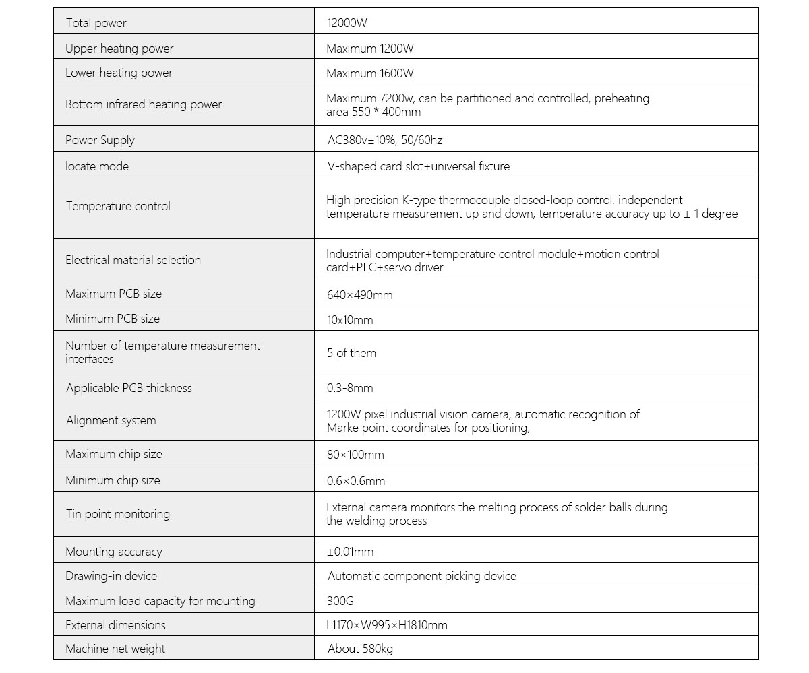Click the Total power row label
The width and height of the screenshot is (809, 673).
coord(96,23)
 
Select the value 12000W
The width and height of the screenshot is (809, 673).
coord(347,23)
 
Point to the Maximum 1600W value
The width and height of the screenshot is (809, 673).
coord(370,73)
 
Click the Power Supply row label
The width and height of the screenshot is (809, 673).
coord(100,140)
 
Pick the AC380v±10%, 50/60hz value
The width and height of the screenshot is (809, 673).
coord(384,140)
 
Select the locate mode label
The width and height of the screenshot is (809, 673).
coord(96,166)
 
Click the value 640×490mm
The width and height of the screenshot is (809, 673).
coord(359,294)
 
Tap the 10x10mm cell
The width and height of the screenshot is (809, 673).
coord(350,320)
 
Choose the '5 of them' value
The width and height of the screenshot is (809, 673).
coord(351,353)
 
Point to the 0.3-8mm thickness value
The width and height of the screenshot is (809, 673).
coord(350,388)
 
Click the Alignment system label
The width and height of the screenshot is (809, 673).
coord(111,420)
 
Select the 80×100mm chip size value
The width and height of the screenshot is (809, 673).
coord(355,455)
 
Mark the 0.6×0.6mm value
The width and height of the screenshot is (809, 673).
coord(356,481)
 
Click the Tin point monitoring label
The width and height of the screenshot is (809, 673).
coord(117,514)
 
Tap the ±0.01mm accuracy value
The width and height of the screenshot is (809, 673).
coord(350,552)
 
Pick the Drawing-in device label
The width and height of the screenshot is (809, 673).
coord(111,576)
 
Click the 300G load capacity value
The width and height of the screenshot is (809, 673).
coord(340,601)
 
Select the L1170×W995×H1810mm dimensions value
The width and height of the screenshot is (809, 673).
coord(387,625)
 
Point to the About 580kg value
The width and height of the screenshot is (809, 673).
coord(360,649)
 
